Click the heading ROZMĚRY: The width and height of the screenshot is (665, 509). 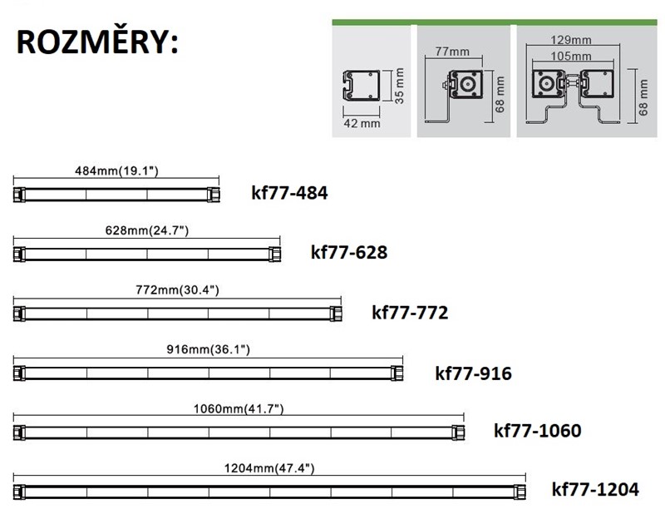tap(97, 44)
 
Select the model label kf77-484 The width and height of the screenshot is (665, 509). tap(289, 194)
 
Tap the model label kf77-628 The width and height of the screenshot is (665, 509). tap(349, 252)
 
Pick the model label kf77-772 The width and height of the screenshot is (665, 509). tap(410, 313)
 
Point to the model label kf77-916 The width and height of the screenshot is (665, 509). tap(473, 373)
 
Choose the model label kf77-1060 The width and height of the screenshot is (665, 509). tap(537, 431)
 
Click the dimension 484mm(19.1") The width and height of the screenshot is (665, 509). tap(116, 170)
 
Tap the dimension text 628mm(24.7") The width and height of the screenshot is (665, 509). tap(147, 230)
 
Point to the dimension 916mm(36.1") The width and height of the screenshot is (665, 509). tap(208, 349)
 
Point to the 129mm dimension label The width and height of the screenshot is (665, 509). tap(570, 39)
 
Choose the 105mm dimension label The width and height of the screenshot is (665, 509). tap(570, 57)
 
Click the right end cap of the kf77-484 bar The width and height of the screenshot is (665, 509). tap(214, 194)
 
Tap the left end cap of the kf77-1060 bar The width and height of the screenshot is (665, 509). tap(18, 432)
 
